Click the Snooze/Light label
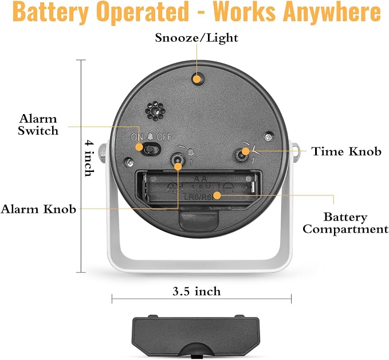[x=197, y=38]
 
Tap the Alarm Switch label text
[x=38, y=124]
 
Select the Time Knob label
[x=347, y=151]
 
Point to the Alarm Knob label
[x=38, y=209]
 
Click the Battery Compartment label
[x=345, y=223]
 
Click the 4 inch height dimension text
[x=89, y=158]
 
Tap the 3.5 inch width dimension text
[x=197, y=291]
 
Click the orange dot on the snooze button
[x=197, y=79]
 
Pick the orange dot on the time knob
[x=245, y=151]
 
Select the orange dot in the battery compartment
[x=217, y=195]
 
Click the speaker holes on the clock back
[x=156, y=111]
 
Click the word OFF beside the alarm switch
[x=164, y=137]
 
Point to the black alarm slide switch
[x=152, y=149]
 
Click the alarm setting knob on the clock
[x=178, y=158]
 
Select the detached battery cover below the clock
[x=196, y=336]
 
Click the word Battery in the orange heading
[x=50, y=12]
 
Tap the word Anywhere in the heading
[x=332, y=12]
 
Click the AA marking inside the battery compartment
[x=200, y=179]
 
